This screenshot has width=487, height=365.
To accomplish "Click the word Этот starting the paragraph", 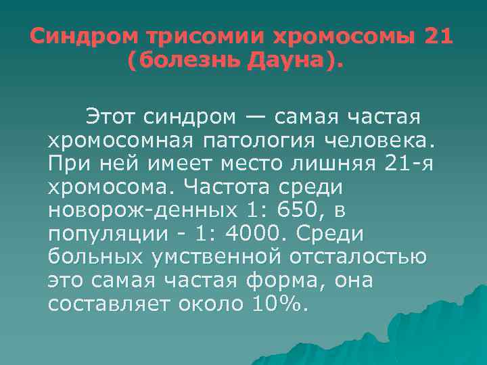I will tap(110, 118).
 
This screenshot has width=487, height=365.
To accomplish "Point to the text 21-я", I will tap(394, 164).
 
